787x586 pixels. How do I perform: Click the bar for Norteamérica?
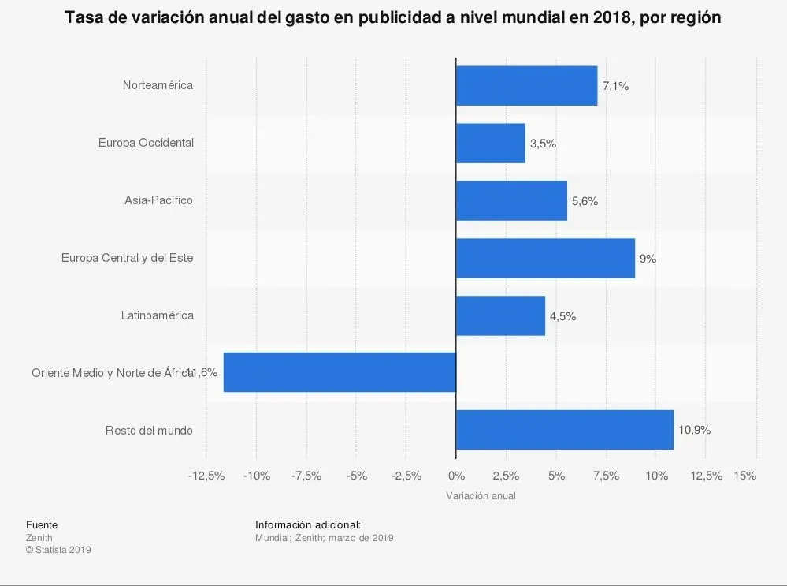[x=526, y=86]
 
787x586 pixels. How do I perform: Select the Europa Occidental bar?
[x=490, y=144]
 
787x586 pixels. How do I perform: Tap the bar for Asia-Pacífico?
[x=511, y=200]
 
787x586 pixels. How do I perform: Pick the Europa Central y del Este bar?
[x=545, y=258]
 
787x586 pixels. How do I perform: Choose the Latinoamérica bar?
[x=500, y=315]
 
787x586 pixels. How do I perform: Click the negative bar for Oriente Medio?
[x=340, y=372]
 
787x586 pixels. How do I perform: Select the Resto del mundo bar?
[x=564, y=430]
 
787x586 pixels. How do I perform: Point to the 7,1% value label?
[x=615, y=87]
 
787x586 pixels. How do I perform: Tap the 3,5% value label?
[x=543, y=144]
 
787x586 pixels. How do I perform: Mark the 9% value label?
[x=648, y=259]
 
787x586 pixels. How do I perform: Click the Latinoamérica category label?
[x=157, y=315]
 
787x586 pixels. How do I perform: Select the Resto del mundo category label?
[x=149, y=431]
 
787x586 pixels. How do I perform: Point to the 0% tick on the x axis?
[x=455, y=476]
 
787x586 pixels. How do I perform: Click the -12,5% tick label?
[x=206, y=476]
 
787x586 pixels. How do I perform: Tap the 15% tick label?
[x=744, y=476]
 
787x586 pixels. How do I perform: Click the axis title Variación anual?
[x=481, y=496]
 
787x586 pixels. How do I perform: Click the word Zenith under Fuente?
[x=39, y=538]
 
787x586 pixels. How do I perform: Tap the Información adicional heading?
[x=308, y=524]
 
